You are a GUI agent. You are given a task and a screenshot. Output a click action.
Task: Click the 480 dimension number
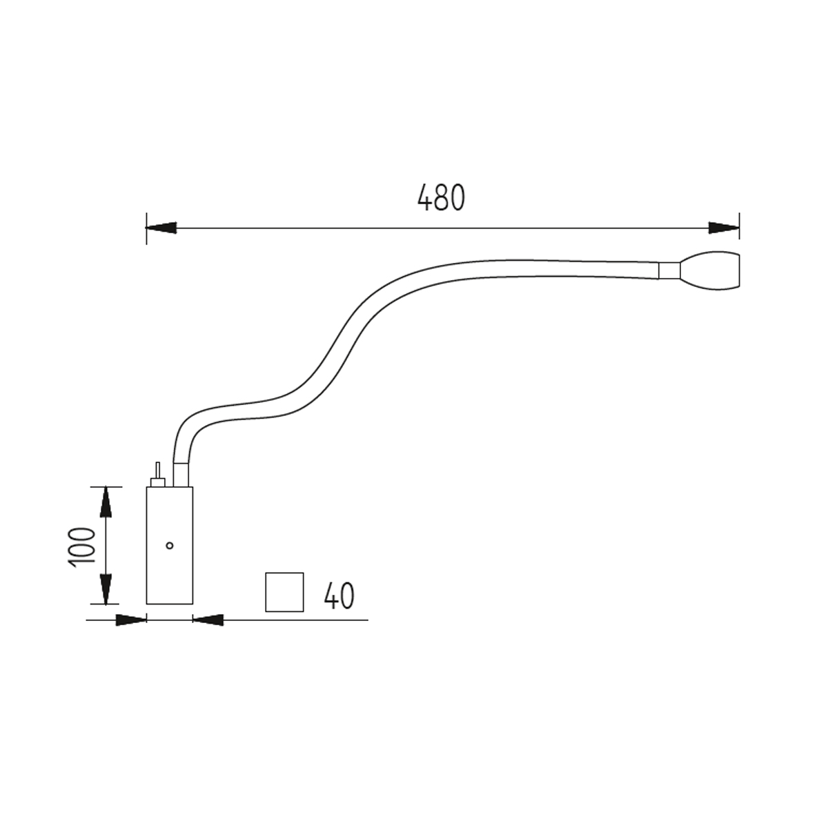441,197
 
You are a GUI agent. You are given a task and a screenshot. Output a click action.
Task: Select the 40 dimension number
339,595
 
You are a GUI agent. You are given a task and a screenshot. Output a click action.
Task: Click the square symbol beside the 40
284,592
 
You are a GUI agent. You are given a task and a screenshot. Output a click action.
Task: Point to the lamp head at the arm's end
710,270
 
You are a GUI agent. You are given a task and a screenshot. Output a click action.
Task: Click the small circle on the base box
169,546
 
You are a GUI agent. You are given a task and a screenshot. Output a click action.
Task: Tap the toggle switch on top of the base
158,475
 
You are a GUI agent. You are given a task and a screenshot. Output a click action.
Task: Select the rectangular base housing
169,545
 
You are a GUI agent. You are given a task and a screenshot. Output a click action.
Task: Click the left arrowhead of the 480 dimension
161,228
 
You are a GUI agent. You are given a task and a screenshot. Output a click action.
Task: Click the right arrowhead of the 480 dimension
724,228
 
